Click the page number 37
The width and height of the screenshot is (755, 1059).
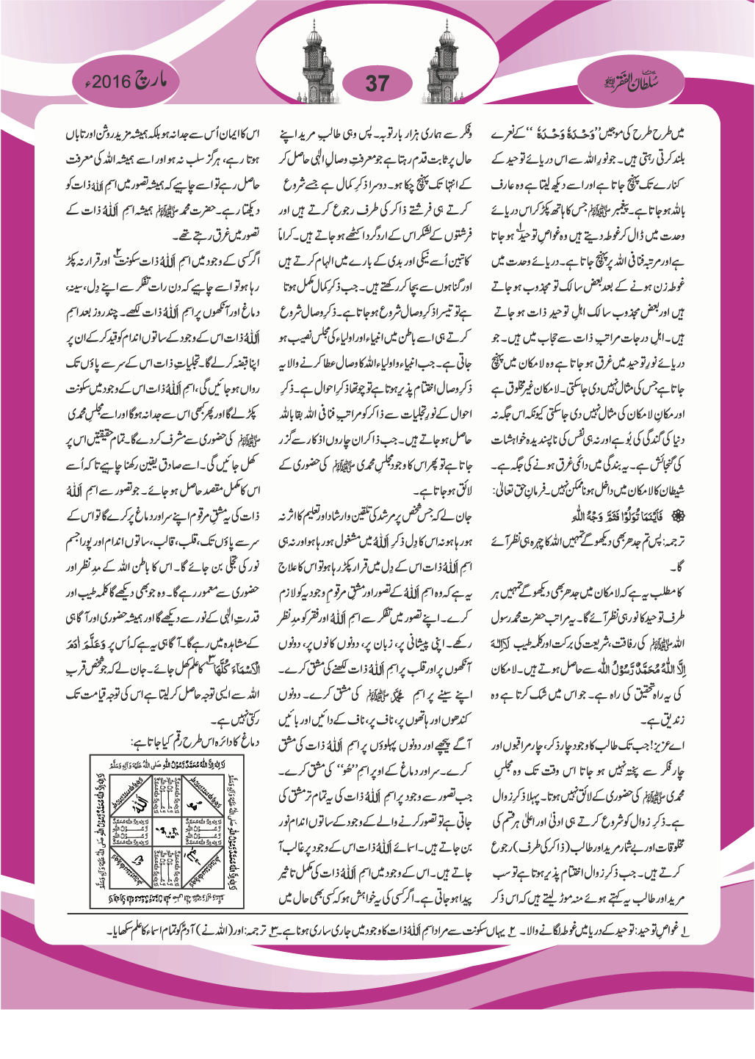tap(377, 82)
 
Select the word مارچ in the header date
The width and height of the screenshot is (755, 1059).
tap(150, 80)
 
